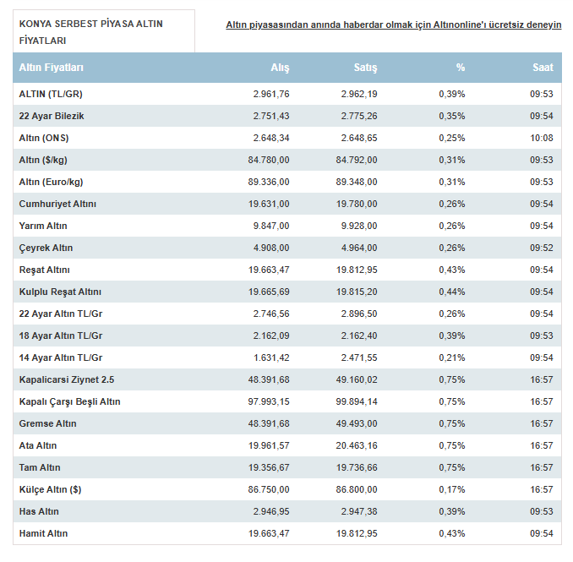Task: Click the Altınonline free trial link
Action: (394, 25)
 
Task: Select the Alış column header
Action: (280, 68)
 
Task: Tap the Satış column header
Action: (365, 68)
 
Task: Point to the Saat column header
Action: (543, 68)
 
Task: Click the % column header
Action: (461, 68)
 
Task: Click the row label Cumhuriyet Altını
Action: (57, 204)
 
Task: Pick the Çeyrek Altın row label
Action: (46, 248)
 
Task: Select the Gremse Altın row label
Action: (48, 423)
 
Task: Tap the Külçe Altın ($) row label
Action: (50, 489)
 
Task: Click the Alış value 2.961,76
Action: (271, 95)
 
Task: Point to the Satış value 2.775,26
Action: (359, 116)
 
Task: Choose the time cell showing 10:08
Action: (542, 138)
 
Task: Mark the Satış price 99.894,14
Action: (357, 401)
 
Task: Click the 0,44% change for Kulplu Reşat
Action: (452, 292)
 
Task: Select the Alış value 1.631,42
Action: (271, 357)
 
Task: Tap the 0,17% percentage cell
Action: (452, 489)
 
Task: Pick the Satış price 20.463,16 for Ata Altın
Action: (357, 445)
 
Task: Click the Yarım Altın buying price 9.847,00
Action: (271, 226)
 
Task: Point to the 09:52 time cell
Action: (542, 248)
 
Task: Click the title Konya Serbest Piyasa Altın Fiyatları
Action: (91, 32)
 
